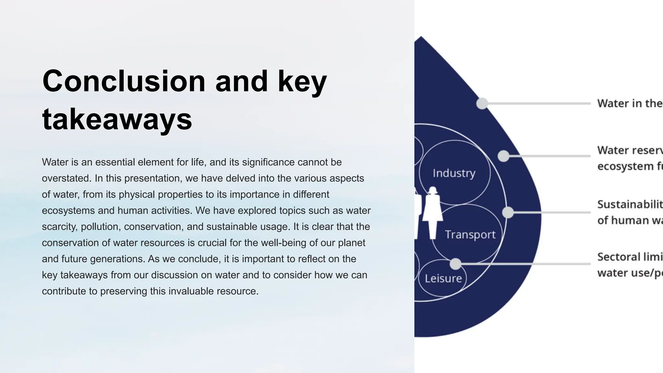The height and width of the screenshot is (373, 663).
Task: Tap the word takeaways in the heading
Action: (117, 119)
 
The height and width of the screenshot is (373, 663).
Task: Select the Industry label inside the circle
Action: (454, 173)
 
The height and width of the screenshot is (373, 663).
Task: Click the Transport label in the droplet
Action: (470, 234)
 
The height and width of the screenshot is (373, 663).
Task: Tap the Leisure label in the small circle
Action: (443, 278)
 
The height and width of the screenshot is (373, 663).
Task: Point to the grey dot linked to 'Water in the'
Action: (482, 104)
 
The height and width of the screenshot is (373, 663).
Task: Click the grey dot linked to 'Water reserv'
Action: (503, 156)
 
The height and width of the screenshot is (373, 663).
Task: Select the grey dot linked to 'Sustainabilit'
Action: (508, 212)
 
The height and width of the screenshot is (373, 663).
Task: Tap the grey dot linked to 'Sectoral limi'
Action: (455, 264)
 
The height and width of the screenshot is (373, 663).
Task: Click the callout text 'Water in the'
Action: (629, 104)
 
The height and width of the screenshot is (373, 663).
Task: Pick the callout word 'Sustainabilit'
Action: (629, 204)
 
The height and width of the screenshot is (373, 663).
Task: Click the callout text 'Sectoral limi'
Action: (629, 257)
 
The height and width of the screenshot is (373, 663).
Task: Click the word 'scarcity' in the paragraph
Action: (60, 227)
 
